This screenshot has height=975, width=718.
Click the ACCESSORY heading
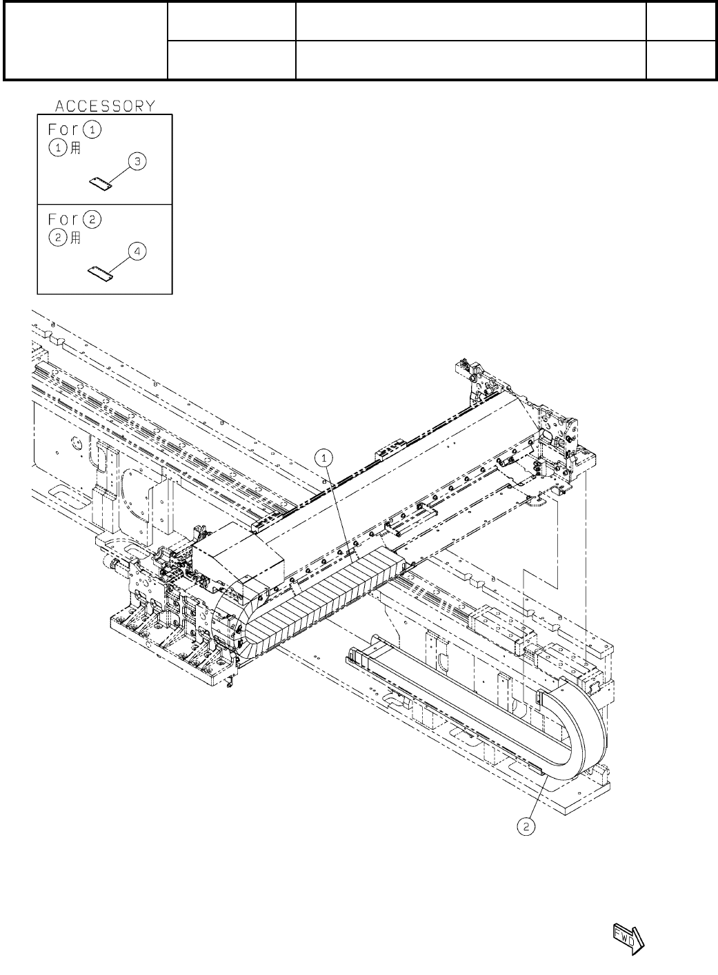click(x=105, y=105)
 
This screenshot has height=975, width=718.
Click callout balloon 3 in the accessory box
click(x=138, y=162)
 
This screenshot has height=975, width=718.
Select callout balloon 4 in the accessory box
click(x=138, y=252)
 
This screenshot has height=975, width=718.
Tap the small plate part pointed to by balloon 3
click(x=101, y=183)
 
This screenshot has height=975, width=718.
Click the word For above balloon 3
click(x=63, y=129)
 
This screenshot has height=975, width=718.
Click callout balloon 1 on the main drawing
click(x=325, y=456)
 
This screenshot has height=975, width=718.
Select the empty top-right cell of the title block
click(x=680, y=21)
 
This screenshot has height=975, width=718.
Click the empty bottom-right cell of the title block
click(x=680, y=59)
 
